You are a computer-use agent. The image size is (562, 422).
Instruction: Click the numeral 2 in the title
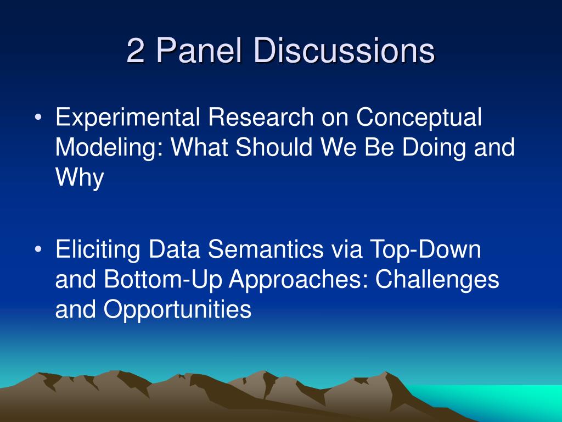(136, 51)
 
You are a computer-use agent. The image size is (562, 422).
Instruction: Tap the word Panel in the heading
(199, 50)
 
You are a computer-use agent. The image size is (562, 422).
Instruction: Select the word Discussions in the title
(344, 50)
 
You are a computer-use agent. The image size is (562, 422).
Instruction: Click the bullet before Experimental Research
(38, 117)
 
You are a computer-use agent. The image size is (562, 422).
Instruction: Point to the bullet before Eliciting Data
(38, 249)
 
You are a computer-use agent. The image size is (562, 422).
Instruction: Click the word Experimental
(127, 118)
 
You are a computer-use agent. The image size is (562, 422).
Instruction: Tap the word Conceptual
(419, 118)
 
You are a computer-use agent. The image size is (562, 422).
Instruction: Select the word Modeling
(109, 148)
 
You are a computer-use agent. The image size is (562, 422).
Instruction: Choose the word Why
(80, 178)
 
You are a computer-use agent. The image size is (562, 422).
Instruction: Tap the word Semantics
(266, 249)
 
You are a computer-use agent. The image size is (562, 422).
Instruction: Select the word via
(346, 249)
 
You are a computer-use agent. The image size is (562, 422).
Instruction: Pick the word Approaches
(299, 280)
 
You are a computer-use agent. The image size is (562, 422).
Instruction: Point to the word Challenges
(437, 280)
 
